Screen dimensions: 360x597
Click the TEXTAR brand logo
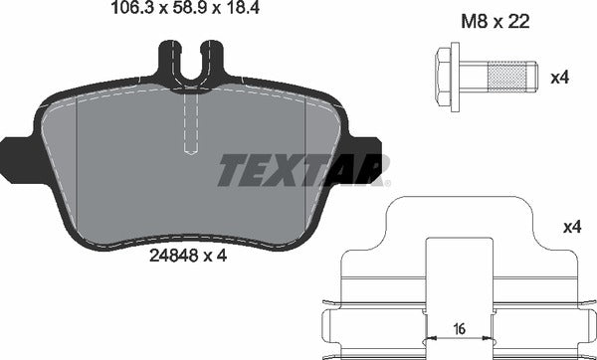pos(303,171)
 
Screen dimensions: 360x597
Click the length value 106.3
pos(126,12)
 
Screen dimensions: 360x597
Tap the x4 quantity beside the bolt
pos(560,76)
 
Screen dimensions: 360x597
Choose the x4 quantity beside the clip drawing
pos(570,228)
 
